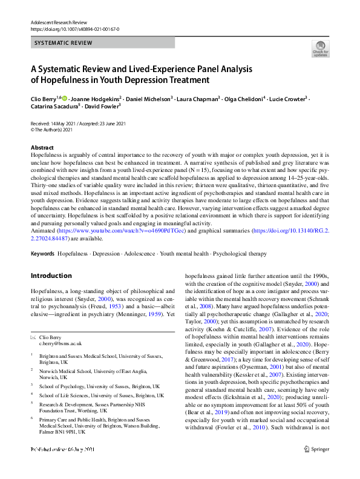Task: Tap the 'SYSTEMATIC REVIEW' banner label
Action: (63, 43)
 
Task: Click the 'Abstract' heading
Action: (42, 148)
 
